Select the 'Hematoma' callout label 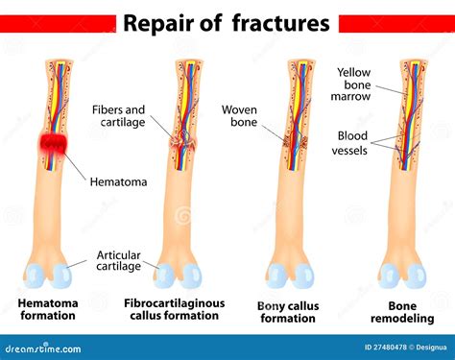[120, 180]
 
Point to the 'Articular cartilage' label [119, 260]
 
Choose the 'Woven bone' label [240, 116]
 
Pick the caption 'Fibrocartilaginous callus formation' [174, 310]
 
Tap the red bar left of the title [57, 22]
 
